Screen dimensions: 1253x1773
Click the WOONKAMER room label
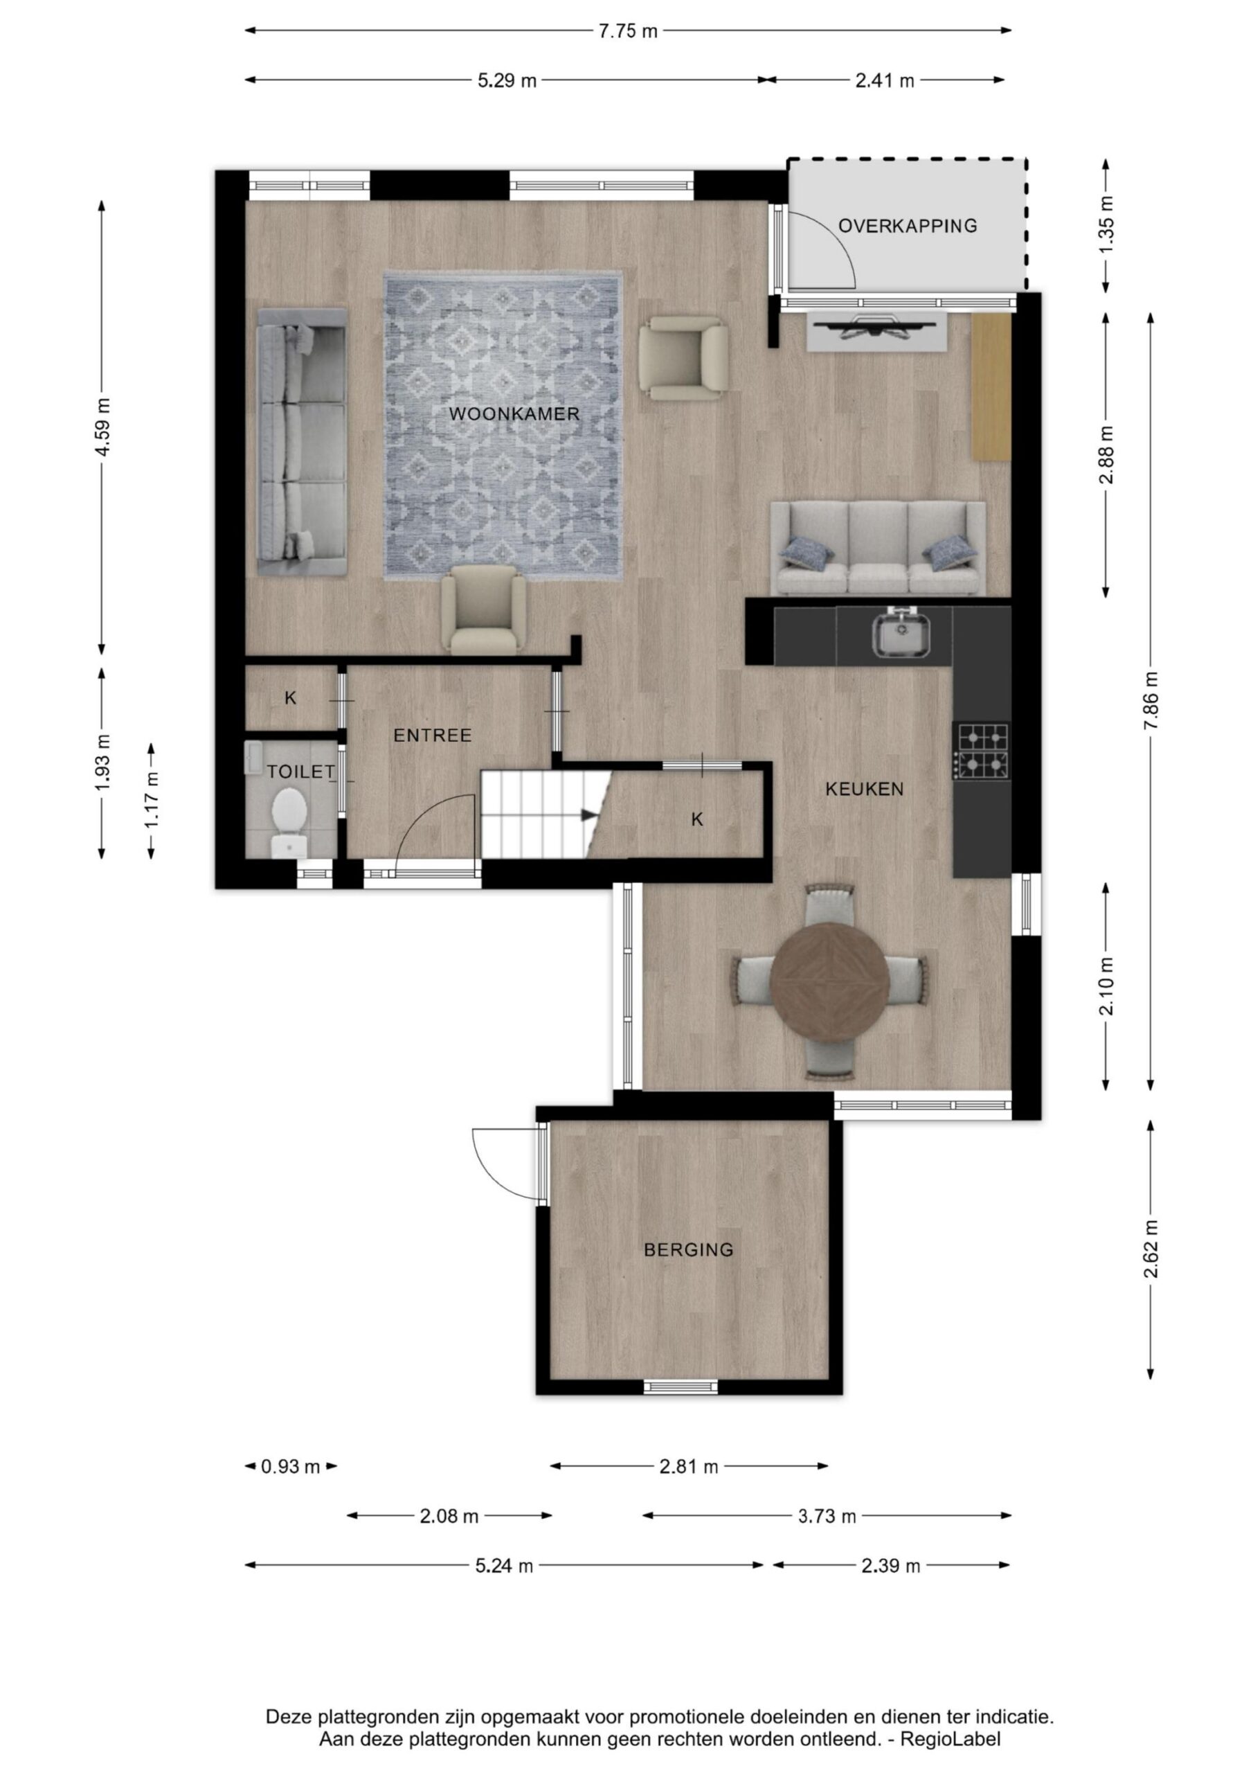pyautogui.click(x=514, y=414)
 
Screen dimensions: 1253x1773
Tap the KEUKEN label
pyautogui.click(x=865, y=790)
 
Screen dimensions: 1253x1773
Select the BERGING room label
pyautogui.click(x=689, y=1249)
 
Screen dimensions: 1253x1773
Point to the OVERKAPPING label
pyautogui.click(x=908, y=226)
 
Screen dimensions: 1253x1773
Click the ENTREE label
pyautogui.click(x=433, y=735)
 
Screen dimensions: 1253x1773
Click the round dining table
pyautogui.click(x=830, y=982)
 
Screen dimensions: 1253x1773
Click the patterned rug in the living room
pyautogui.click(x=503, y=425)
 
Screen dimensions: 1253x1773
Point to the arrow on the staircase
pyautogui.click(x=588, y=814)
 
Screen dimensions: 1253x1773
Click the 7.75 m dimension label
pyautogui.click(x=629, y=32)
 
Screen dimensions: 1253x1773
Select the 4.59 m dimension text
pyautogui.click(x=102, y=427)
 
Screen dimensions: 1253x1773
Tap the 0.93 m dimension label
pyautogui.click(x=290, y=1466)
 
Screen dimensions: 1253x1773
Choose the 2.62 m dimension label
pyautogui.click(x=1151, y=1249)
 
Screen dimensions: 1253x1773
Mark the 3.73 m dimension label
pyautogui.click(x=827, y=1516)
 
